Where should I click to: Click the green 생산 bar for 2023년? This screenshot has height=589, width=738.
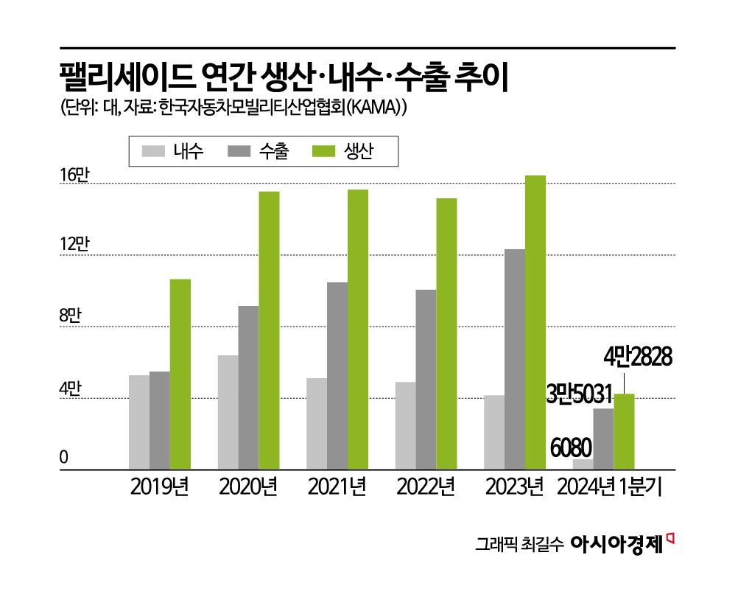click(x=535, y=322)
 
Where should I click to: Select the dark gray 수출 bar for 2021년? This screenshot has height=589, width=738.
click(x=337, y=375)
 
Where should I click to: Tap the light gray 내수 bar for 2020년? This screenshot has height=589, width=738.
click(x=228, y=412)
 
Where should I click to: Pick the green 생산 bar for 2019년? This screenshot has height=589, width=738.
click(x=180, y=374)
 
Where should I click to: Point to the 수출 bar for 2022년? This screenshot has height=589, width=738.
click(x=426, y=379)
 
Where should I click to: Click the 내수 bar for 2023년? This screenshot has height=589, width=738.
click(x=494, y=432)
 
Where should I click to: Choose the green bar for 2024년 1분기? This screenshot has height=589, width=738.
click(x=624, y=431)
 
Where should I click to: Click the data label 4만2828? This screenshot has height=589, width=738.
click(x=637, y=358)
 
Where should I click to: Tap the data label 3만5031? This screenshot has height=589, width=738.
click(x=579, y=393)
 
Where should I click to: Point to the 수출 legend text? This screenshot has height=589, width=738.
click(x=274, y=152)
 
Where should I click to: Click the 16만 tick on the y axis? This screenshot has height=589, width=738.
click(x=74, y=175)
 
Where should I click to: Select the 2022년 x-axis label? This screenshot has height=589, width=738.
click(x=425, y=488)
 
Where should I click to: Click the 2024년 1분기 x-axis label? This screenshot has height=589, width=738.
click(x=608, y=488)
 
